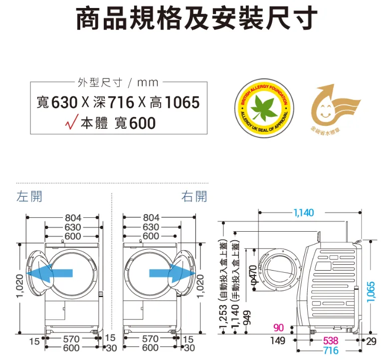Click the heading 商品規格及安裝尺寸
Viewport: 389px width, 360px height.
pos(194,18)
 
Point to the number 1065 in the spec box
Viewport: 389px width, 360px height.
pos(182,103)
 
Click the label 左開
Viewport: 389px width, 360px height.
pos(29,196)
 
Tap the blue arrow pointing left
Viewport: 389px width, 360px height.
pos(49,273)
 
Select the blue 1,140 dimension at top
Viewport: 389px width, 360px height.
pos(304,213)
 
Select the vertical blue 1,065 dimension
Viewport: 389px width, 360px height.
pos(371,291)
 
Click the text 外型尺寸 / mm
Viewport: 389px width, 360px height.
pos(118,82)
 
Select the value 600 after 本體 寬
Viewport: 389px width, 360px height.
pos(142,122)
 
